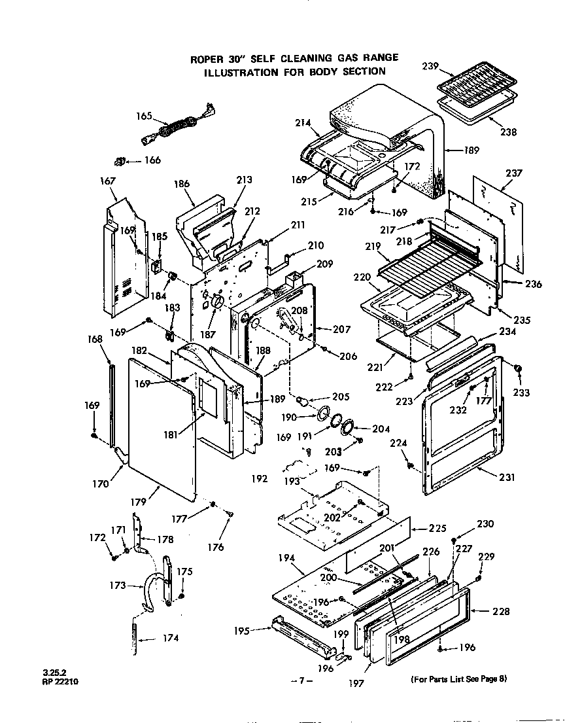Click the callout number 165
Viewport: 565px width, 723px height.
tap(144, 116)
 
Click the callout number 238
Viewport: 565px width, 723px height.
tap(508, 132)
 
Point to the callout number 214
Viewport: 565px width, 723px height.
tap(302, 123)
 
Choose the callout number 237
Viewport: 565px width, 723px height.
tap(514, 173)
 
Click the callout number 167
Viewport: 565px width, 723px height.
tap(107, 181)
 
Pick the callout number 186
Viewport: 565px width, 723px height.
tap(182, 185)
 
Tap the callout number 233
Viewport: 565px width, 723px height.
tap(523, 393)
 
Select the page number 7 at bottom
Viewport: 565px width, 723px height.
tap(301, 681)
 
